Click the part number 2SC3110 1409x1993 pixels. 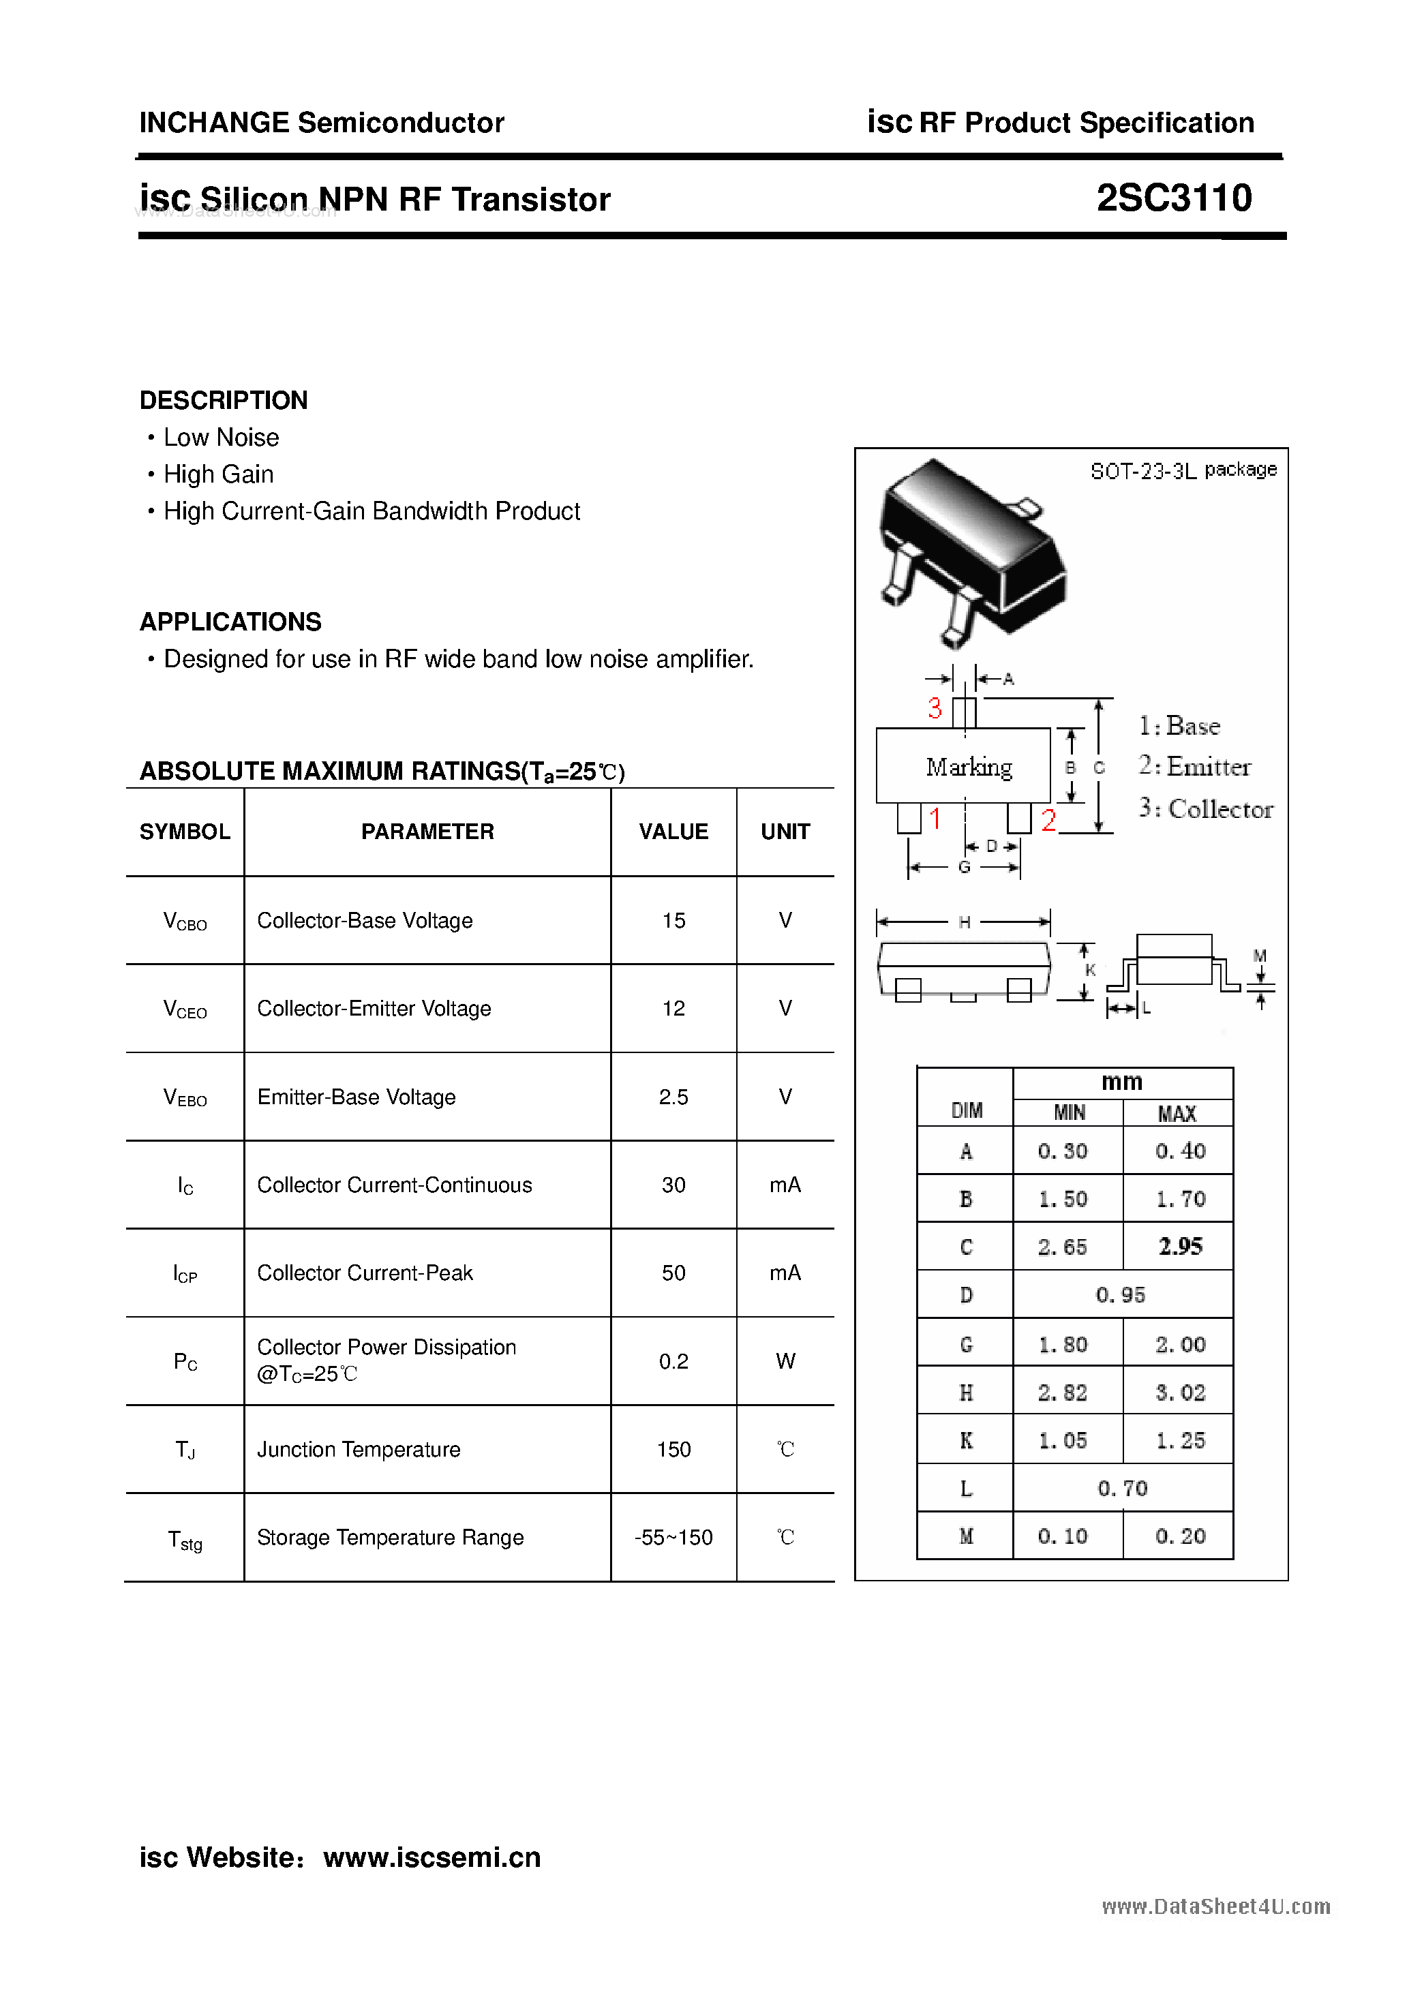coord(1174,198)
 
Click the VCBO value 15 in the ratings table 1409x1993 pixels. coord(673,920)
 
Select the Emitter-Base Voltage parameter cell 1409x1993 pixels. coord(356,1097)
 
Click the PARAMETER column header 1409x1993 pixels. coord(427,832)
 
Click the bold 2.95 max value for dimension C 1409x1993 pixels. coord(1180,1247)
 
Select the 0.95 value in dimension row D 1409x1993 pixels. coord(1121,1295)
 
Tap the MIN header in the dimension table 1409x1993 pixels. coord(1069,1113)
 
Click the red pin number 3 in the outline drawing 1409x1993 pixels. coord(934,708)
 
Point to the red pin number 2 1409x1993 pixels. coord(1048,820)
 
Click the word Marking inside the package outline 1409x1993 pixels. coord(969,767)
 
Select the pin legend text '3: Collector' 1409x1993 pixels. coord(1206,808)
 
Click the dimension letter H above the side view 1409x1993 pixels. coord(965,922)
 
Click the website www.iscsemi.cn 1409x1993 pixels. coord(431,1857)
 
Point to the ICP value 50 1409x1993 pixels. coord(673,1273)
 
